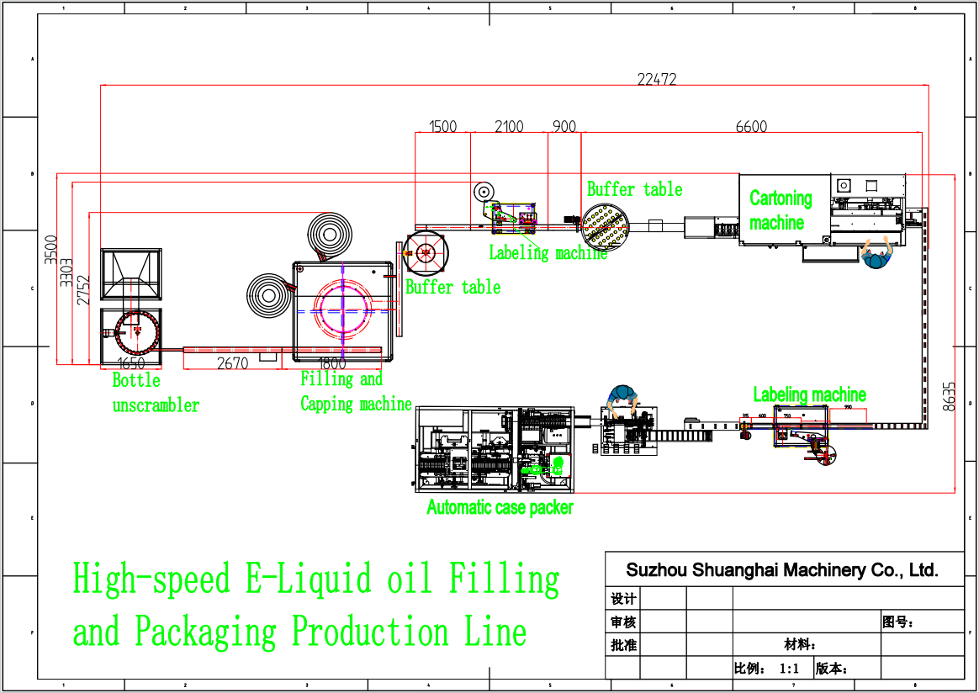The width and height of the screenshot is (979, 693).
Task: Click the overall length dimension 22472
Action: tap(657, 80)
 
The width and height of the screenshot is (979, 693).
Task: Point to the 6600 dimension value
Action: tap(751, 127)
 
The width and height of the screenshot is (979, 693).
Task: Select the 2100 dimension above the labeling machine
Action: tap(509, 127)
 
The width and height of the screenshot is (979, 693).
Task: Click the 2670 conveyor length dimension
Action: tap(232, 363)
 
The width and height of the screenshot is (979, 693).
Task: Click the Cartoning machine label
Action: tap(781, 210)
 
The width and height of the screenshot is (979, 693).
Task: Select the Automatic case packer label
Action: tap(500, 507)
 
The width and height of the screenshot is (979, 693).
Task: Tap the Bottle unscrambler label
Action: tap(156, 393)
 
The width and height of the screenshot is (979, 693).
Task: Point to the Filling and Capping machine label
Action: tap(356, 392)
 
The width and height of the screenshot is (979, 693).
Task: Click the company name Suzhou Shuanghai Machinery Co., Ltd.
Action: tap(781, 570)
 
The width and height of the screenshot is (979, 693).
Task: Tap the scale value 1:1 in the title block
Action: tap(789, 669)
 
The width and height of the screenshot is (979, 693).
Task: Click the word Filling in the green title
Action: tap(504, 579)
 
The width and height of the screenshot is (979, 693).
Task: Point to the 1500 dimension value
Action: tap(443, 127)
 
